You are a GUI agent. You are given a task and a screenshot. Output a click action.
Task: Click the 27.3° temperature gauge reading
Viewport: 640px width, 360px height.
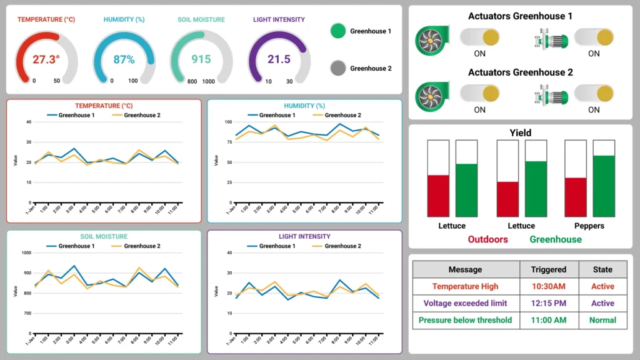tap(46, 59)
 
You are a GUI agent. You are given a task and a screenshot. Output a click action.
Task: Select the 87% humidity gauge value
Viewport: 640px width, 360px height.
tap(124, 59)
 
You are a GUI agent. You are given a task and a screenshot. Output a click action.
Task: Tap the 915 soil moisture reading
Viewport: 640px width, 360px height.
tap(201, 59)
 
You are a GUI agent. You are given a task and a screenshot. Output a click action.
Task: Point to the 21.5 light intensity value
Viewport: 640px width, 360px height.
tap(279, 59)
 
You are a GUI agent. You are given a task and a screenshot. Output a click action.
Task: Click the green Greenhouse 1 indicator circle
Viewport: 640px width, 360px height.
tap(338, 31)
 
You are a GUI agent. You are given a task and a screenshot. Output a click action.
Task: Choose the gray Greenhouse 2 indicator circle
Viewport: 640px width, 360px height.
tap(338, 68)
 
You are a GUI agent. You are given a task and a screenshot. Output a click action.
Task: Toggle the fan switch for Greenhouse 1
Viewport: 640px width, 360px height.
tap(480, 37)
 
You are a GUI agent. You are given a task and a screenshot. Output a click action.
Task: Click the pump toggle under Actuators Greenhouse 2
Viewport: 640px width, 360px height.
tap(594, 94)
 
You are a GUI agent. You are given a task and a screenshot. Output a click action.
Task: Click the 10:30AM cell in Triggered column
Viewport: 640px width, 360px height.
tap(548, 286)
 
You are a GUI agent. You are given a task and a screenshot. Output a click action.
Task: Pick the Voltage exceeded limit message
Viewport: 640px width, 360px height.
tap(465, 303)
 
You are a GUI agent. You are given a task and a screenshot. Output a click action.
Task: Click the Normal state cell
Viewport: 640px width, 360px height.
tap(602, 320)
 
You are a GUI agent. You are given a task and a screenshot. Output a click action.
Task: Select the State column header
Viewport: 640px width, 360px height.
tap(602, 269)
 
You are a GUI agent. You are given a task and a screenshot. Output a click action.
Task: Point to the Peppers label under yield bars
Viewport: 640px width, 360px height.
tap(589, 226)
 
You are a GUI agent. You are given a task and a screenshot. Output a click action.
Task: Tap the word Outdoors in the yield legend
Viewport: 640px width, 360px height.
tap(487, 239)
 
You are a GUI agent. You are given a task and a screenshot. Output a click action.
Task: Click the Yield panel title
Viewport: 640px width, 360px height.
tap(520, 132)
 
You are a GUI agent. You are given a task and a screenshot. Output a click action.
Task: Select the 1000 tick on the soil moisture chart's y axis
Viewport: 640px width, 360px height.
tap(26, 253)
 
